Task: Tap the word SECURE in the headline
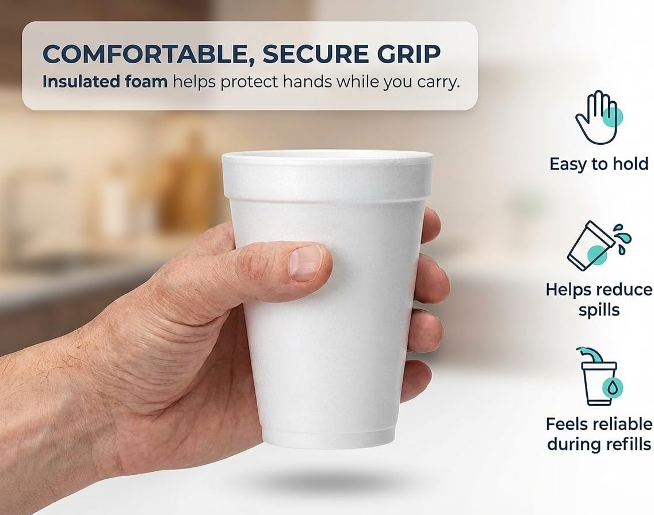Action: (316, 54)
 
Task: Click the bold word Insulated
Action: (75, 82)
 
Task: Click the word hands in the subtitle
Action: (308, 82)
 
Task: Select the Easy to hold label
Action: (599, 164)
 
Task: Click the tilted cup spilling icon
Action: (599, 246)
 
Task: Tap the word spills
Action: (599, 310)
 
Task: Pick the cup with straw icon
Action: (599, 376)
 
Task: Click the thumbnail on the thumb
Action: (306, 263)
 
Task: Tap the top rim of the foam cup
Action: (327, 156)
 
